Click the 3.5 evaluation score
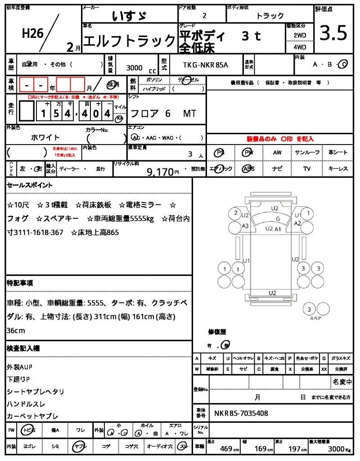(x=333, y=33)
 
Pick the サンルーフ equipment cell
(x=307, y=153)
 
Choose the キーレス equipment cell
(x=338, y=169)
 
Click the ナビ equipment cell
(x=277, y=169)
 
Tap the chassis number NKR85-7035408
(x=241, y=413)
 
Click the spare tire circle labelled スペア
(x=309, y=310)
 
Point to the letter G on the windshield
(x=278, y=219)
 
